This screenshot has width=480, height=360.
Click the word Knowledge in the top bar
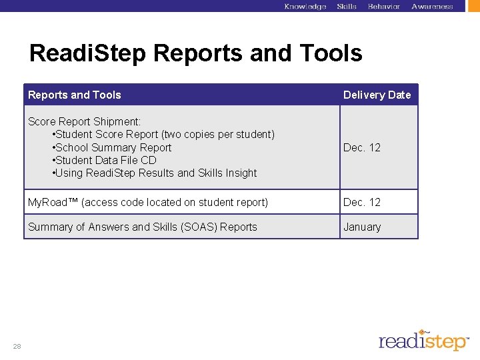pyautogui.click(x=305, y=7)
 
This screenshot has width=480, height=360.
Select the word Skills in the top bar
pyautogui.click(x=347, y=7)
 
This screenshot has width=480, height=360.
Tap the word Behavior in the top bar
pyautogui.click(x=384, y=7)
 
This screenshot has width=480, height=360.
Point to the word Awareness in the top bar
pyautogui.click(x=432, y=7)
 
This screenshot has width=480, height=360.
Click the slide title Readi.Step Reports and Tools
pyautogui.click(x=195, y=53)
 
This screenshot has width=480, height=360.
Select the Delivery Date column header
pyautogui.click(x=377, y=95)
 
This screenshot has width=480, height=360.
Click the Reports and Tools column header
pyautogui.click(x=75, y=95)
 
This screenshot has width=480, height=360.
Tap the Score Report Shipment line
pyautogui.click(x=84, y=121)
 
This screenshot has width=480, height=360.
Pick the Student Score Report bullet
pyautogui.click(x=163, y=134)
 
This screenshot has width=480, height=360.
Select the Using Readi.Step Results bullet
pyautogui.click(x=154, y=173)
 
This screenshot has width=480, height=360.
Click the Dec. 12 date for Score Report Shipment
pyautogui.click(x=361, y=147)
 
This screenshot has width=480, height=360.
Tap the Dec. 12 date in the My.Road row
pyautogui.click(x=361, y=202)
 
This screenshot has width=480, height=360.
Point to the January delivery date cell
pyautogui.click(x=362, y=227)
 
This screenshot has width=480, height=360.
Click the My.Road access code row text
pyautogui.click(x=148, y=202)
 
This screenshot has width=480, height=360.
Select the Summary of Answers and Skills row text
pyautogui.click(x=142, y=227)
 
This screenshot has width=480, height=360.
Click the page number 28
pyautogui.click(x=16, y=345)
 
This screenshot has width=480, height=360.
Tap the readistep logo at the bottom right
pyautogui.click(x=423, y=340)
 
